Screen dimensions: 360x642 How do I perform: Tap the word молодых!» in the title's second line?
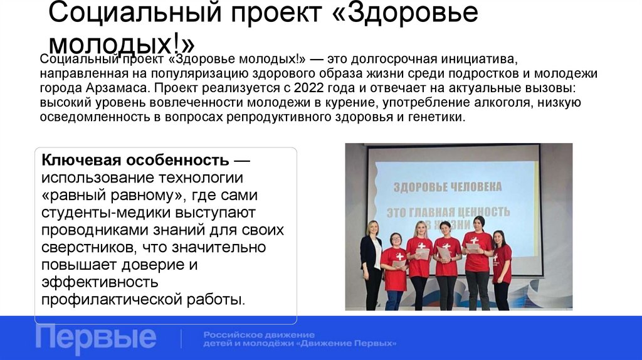click(x=122, y=44)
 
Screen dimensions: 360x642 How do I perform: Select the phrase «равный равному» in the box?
click(x=117, y=195)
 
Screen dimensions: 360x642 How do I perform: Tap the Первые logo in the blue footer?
click(x=95, y=338)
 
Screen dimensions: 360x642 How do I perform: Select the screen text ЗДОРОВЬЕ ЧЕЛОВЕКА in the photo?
click(x=447, y=187)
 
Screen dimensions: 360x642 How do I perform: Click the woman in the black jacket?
click(x=371, y=263)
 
